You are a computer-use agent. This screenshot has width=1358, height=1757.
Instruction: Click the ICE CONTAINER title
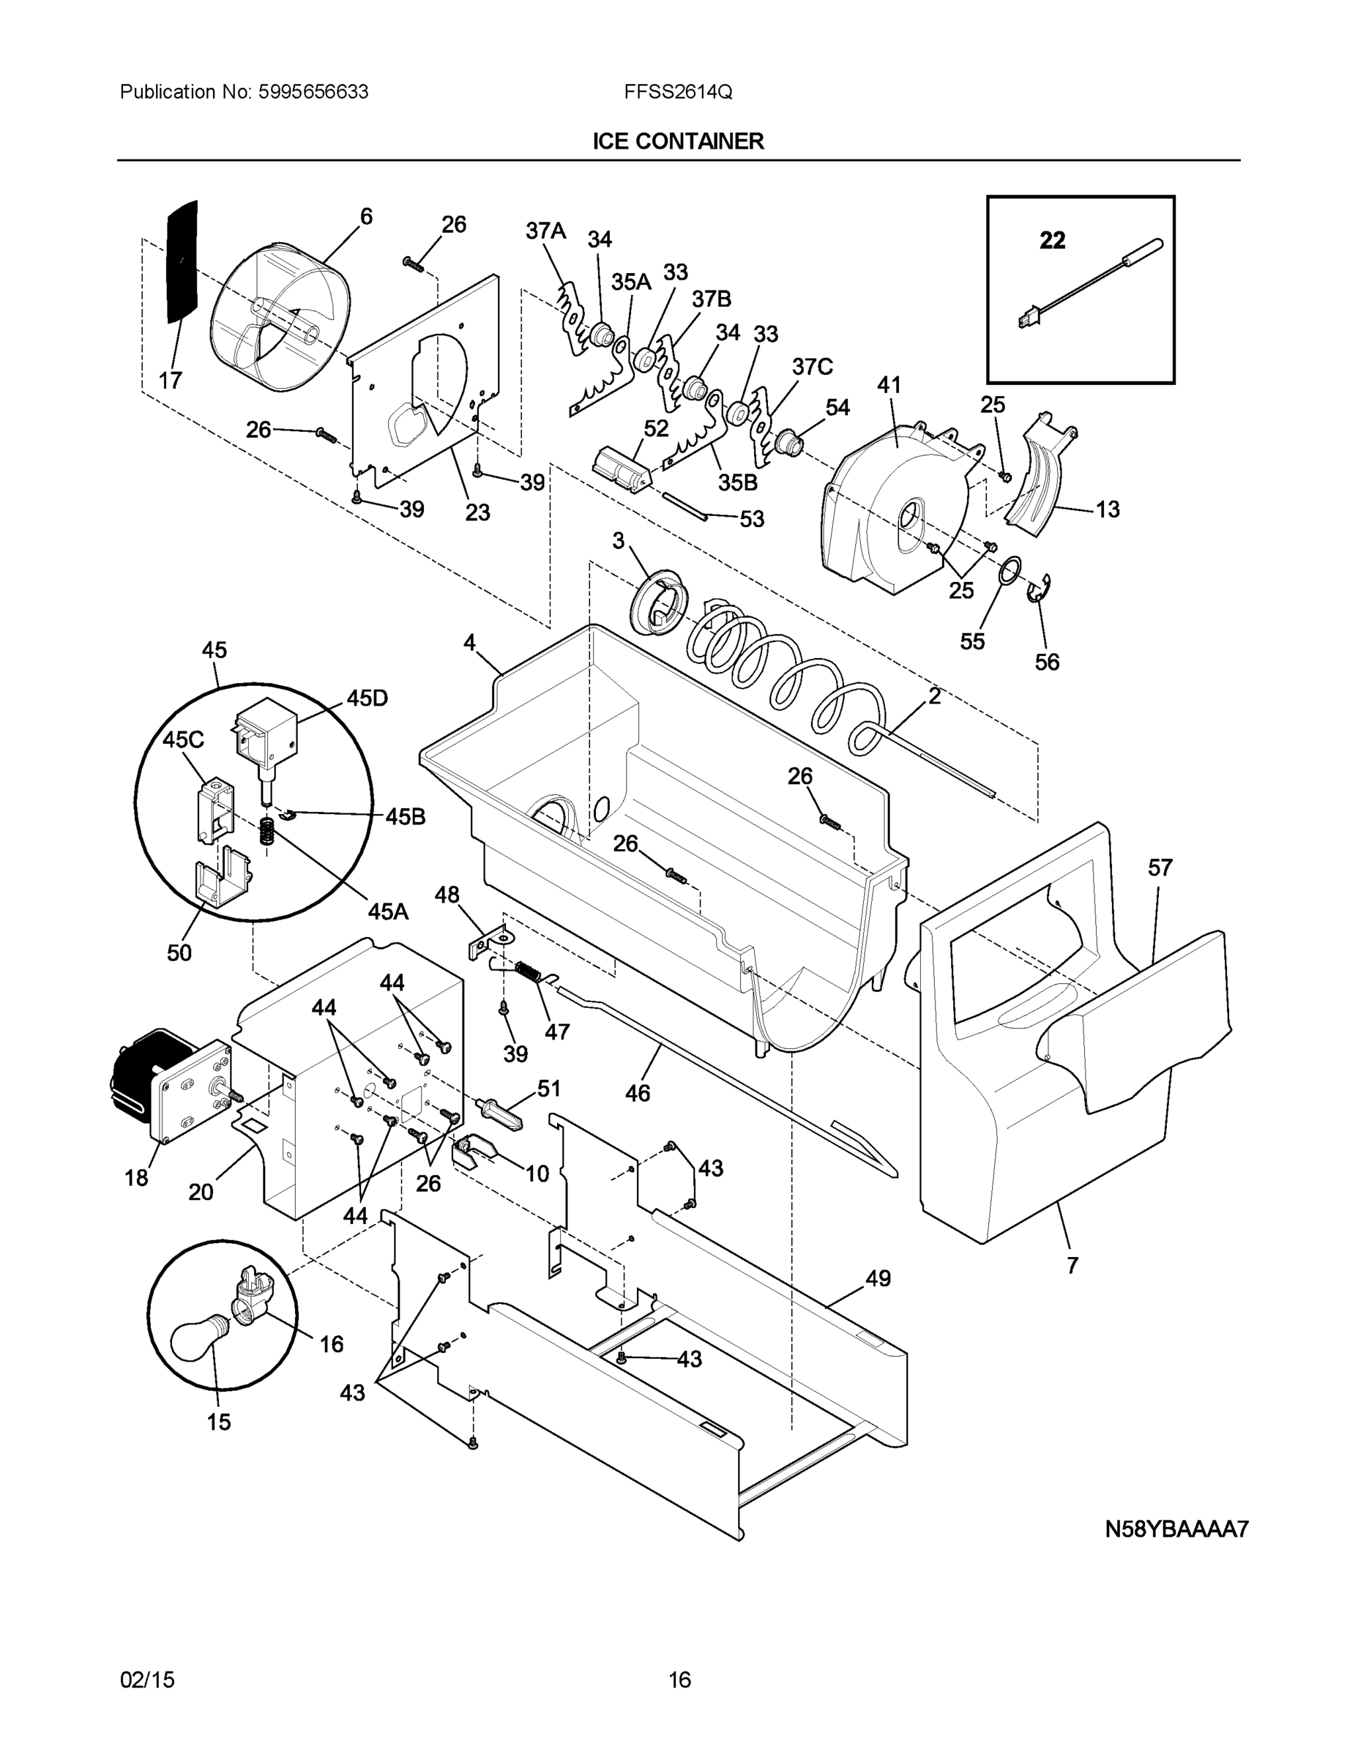(x=677, y=141)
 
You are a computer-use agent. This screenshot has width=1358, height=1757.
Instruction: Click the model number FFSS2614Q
(x=677, y=92)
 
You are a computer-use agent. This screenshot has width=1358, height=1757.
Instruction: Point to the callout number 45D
(x=367, y=698)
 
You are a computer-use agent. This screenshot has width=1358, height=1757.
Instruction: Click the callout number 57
(x=1160, y=868)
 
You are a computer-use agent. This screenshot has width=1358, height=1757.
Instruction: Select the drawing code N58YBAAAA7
(x=1176, y=1529)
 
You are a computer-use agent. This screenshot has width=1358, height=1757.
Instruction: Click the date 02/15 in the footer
(x=147, y=1680)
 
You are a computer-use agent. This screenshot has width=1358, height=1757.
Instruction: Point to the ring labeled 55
(x=1010, y=572)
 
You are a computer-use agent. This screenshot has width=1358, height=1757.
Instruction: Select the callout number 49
(x=878, y=1278)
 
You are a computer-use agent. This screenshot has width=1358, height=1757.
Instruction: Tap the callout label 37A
(x=545, y=231)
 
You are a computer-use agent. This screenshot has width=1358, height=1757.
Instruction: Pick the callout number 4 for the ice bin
(x=469, y=642)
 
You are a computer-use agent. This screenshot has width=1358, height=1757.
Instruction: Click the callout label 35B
(x=738, y=482)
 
